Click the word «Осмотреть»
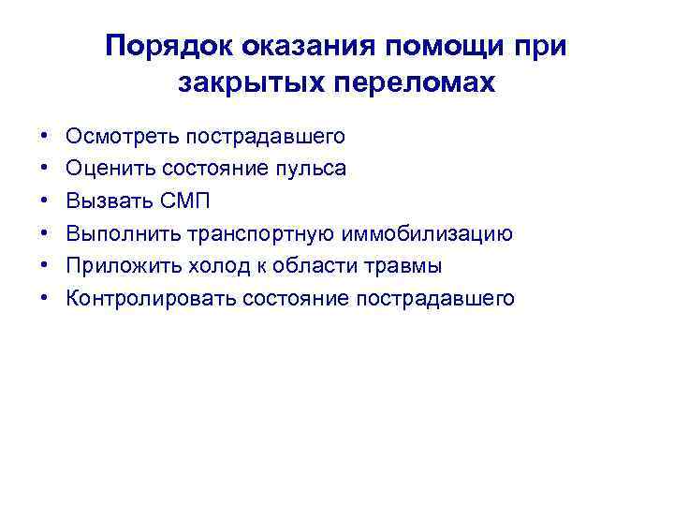coord(122,137)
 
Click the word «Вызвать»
coord(102,201)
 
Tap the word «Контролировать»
coord(151,299)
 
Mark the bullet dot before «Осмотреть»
coord(46,137)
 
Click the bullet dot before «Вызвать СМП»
coord(46,201)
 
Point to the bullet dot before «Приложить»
coord(46,267)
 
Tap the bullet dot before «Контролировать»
coord(46,299)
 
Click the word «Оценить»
coord(106,170)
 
